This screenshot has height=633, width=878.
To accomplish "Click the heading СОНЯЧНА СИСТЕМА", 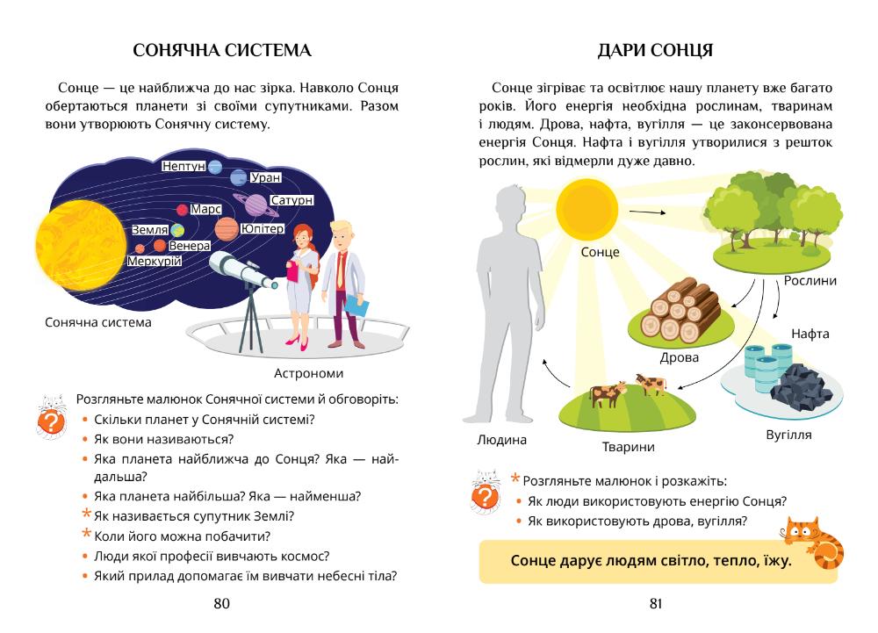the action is point(222,51).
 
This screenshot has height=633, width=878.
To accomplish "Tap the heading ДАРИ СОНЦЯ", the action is point(655,51).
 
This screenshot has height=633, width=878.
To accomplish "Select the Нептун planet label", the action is point(184,166).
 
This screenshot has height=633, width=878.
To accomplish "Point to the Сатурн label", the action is point(291,200).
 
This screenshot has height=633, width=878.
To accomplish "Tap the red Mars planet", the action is point(183,210).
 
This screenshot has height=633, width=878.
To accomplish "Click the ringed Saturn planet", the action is point(256,205).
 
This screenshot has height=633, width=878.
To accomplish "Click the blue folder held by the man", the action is point(356,306).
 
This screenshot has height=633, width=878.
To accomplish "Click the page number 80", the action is point(222,603).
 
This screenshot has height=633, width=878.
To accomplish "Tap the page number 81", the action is point(655,603).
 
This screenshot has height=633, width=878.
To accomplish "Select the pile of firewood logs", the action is point(678,310).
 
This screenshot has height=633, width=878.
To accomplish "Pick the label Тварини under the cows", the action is point(628,447).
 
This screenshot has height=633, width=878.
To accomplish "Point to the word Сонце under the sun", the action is point(600,252).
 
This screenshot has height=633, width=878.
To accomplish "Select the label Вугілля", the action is point(788,435).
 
